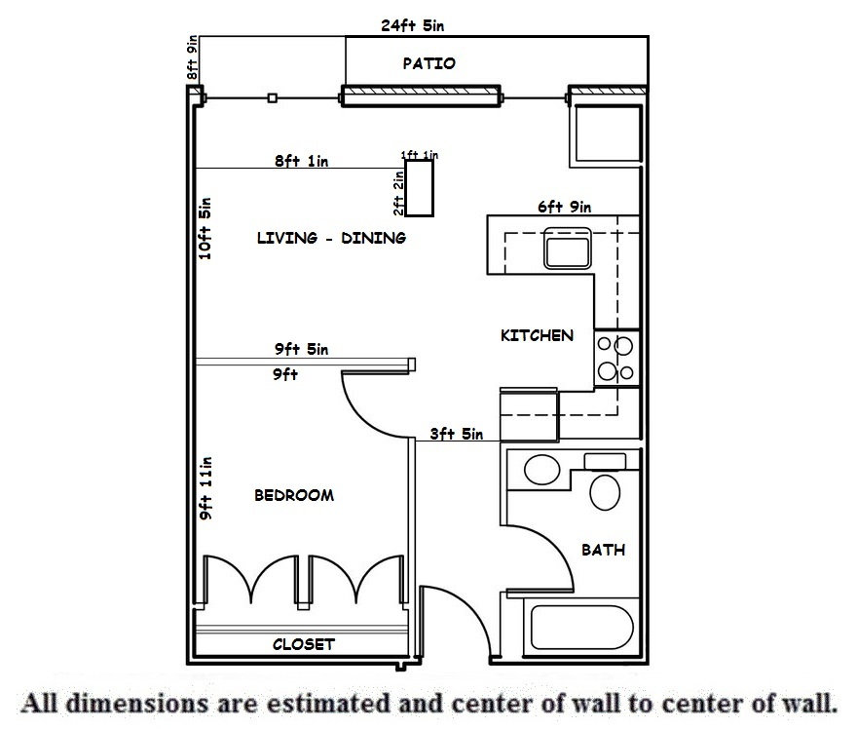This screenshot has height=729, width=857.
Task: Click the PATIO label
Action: click(x=428, y=64)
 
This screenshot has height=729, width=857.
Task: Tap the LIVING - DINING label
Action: click(x=331, y=238)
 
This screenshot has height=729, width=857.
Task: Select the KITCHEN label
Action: click(x=537, y=335)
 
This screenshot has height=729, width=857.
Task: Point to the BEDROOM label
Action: click(x=294, y=495)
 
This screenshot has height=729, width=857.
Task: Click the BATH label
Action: click(x=603, y=550)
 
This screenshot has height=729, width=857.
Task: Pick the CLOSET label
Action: click(x=304, y=644)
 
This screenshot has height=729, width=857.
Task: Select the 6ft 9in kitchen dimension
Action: click(x=565, y=207)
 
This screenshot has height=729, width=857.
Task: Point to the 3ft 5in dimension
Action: click(x=457, y=435)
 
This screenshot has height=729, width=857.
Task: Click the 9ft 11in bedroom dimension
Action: click(x=205, y=488)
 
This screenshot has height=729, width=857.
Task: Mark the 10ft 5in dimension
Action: click(x=205, y=228)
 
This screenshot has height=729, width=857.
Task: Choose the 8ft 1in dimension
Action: click(x=301, y=162)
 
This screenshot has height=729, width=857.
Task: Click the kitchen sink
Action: click(x=567, y=249)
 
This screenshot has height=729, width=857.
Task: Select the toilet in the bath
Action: click(x=606, y=490)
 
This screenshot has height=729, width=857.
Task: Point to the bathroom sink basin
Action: click(x=540, y=471)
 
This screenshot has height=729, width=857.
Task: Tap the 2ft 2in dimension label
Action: click(x=398, y=192)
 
